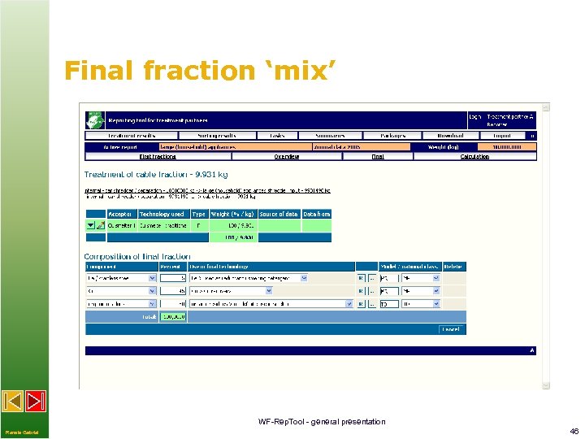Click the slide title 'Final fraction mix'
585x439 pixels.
(199, 71)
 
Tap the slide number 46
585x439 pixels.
(574, 431)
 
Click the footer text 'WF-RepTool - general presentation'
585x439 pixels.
(322, 421)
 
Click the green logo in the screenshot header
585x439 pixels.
(95, 119)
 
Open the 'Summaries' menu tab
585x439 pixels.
(331, 136)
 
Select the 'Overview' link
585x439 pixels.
(286, 156)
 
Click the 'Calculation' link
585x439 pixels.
(474, 156)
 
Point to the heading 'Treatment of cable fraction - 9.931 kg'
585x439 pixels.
(156, 175)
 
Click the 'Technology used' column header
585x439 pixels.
(162, 214)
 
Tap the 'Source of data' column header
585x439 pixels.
(279, 214)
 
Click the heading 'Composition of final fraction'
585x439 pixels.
(143, 257)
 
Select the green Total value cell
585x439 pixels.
(172, 316)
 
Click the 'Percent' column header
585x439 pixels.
(171, 266)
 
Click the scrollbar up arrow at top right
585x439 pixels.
(545, 107)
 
